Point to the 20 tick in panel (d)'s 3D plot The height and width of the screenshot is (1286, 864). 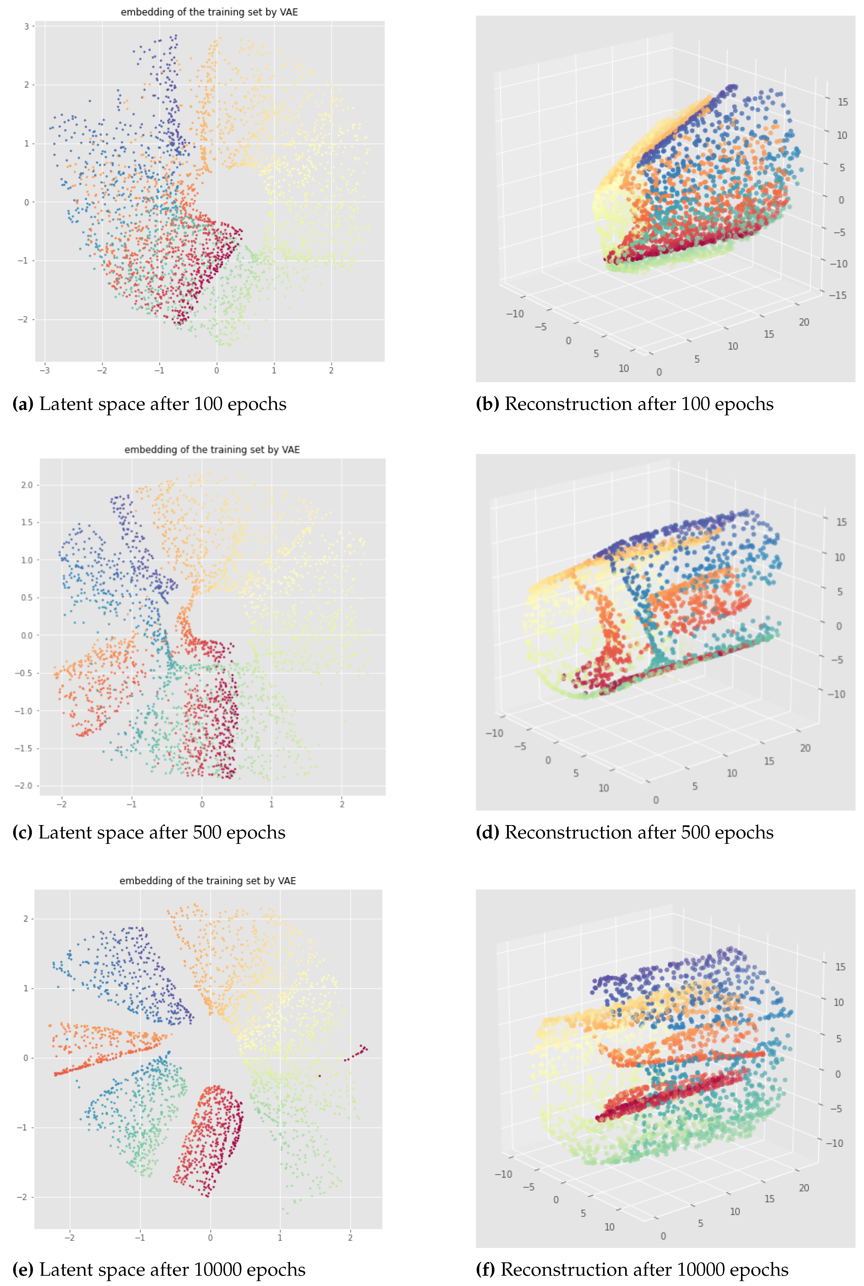(805, 748)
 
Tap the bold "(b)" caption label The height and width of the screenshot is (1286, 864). (487, 404)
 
